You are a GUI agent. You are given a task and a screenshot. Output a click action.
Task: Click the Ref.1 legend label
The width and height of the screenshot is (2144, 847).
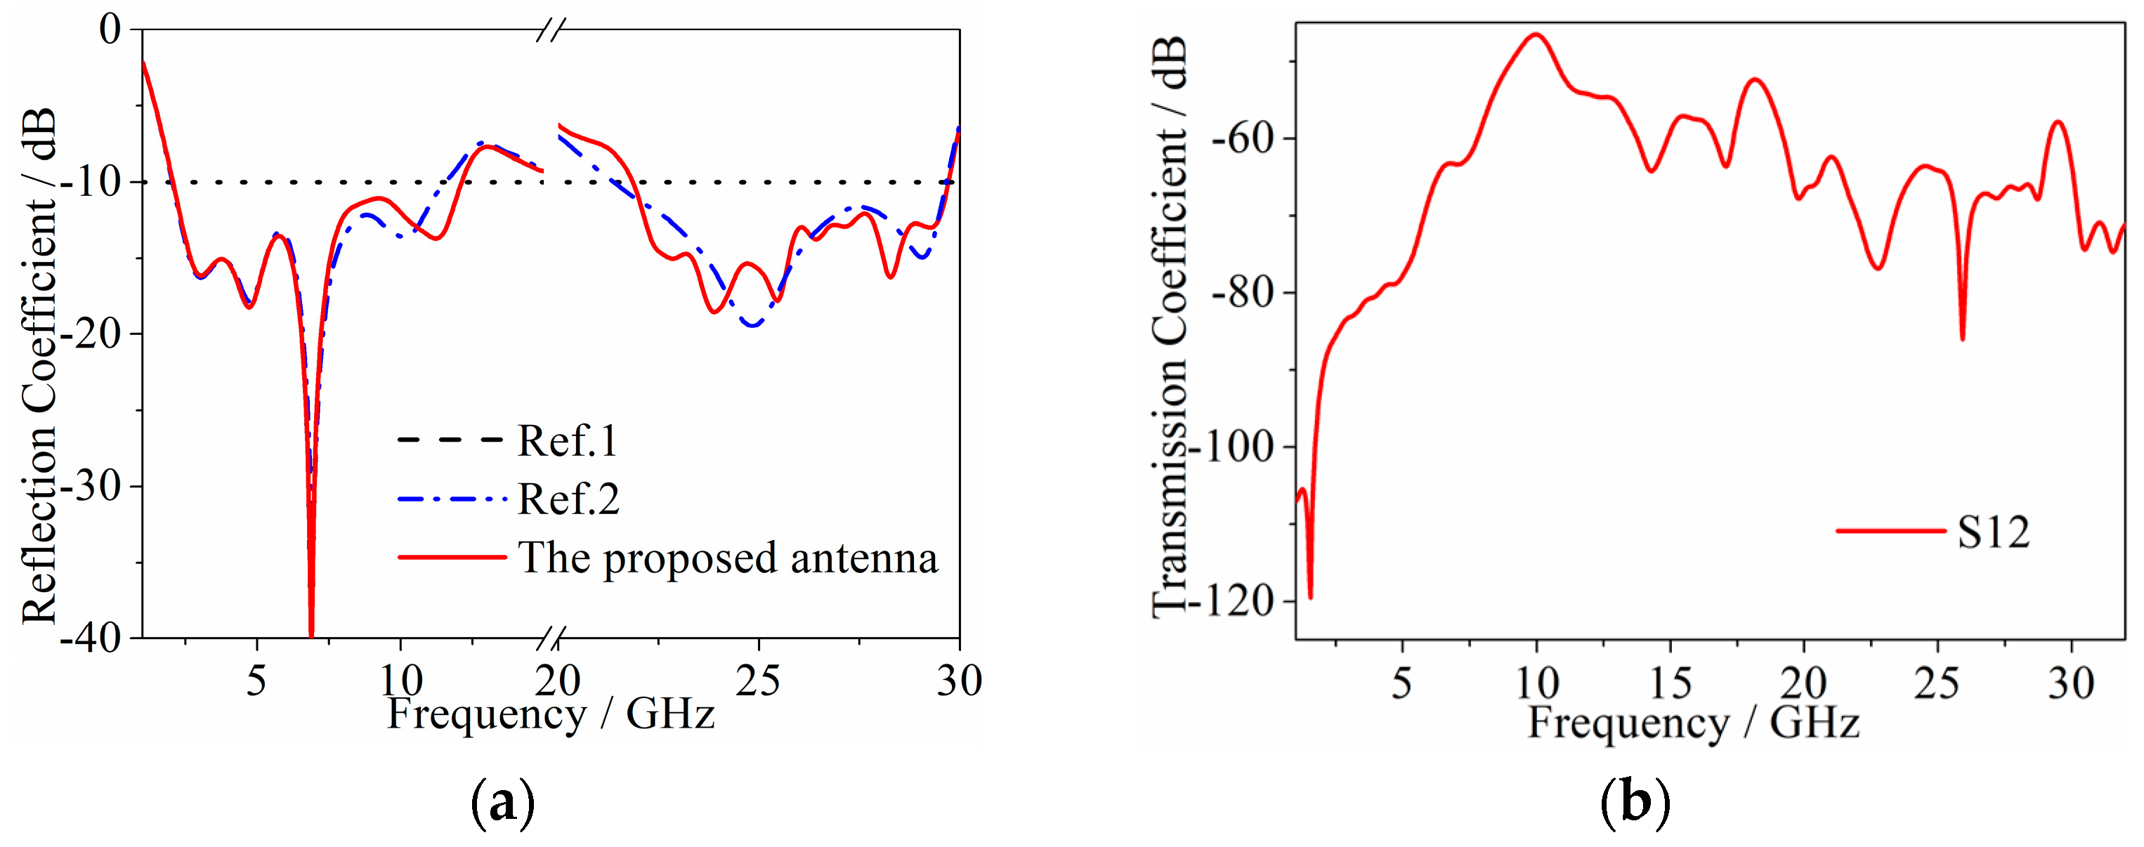point(568,440)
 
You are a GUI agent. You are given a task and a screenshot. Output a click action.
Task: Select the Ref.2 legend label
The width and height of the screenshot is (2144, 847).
point(568,499)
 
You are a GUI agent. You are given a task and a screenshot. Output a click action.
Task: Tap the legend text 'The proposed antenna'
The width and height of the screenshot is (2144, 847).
point(728,558)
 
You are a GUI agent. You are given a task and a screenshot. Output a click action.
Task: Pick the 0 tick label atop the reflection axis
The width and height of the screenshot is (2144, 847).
point(110,30)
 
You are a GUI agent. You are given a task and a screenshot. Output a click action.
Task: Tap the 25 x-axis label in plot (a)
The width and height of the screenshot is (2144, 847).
point(757,681)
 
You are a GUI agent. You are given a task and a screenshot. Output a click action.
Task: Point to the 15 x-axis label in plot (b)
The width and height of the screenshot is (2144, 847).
point(1670,684)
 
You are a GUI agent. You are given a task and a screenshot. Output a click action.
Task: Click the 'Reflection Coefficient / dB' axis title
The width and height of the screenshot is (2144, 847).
point(39,366)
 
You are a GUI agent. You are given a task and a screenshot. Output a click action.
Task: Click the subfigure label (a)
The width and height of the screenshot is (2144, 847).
point(503,803)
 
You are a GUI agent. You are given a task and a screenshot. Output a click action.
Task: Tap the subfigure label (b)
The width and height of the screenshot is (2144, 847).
point(1635,803)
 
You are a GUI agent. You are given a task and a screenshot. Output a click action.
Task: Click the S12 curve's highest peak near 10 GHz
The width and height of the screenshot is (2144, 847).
point(1535,35)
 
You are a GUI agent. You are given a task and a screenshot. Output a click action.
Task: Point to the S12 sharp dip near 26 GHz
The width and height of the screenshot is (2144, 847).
point(1962,338)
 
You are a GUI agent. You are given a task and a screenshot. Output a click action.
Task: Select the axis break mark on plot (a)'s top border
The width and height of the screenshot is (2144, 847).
point(550,31)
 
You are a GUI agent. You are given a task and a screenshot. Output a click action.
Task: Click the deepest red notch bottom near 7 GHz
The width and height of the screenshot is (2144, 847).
point(311,634)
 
